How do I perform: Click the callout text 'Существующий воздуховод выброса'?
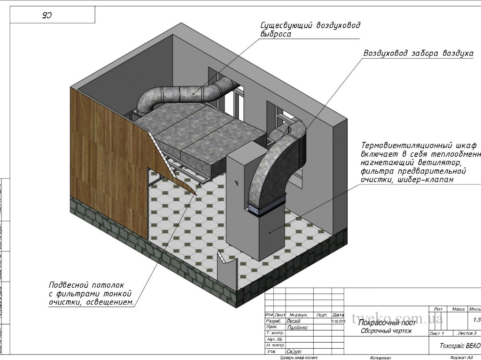(310, 30)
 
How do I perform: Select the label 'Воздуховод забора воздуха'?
(418, 54)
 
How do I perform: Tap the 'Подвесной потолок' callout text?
(86, 285)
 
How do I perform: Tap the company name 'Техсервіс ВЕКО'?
(459, 345)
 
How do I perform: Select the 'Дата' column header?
(338, 315)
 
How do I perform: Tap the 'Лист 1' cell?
(436, 333)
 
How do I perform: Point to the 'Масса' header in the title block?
(458, 309)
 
